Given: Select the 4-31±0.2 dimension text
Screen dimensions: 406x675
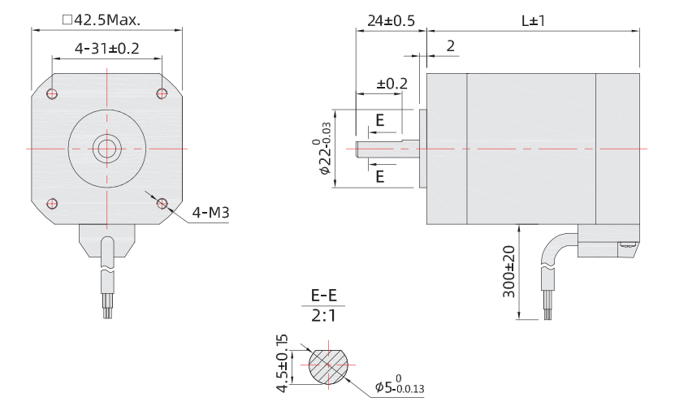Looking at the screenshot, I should tap(106, 50).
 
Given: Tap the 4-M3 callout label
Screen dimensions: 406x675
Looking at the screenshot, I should tap(209, 214).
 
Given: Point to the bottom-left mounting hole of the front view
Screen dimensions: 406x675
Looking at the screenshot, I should tap(52, 202).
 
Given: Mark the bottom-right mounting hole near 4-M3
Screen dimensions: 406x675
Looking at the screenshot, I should tap(161, 202).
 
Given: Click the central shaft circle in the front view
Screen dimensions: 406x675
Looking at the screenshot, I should tap(106, 148).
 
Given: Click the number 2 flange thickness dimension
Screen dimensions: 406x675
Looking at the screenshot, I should tap(450, 46).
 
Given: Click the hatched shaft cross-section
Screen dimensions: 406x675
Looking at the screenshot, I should tap(326, 365).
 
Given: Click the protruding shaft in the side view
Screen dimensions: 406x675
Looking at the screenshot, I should tap(386, 149).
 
